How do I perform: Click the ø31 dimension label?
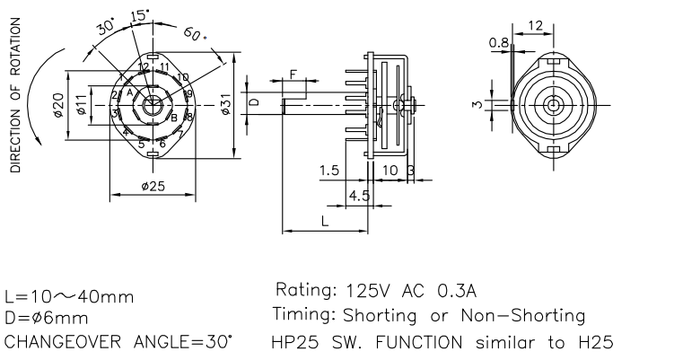point(226,104)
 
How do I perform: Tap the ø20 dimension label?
point(57,105)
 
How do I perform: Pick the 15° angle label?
point(139,15)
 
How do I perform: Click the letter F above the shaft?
point(293,74)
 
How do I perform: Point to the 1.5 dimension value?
point(329,170)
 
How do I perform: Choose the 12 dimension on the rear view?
point(535,26)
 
